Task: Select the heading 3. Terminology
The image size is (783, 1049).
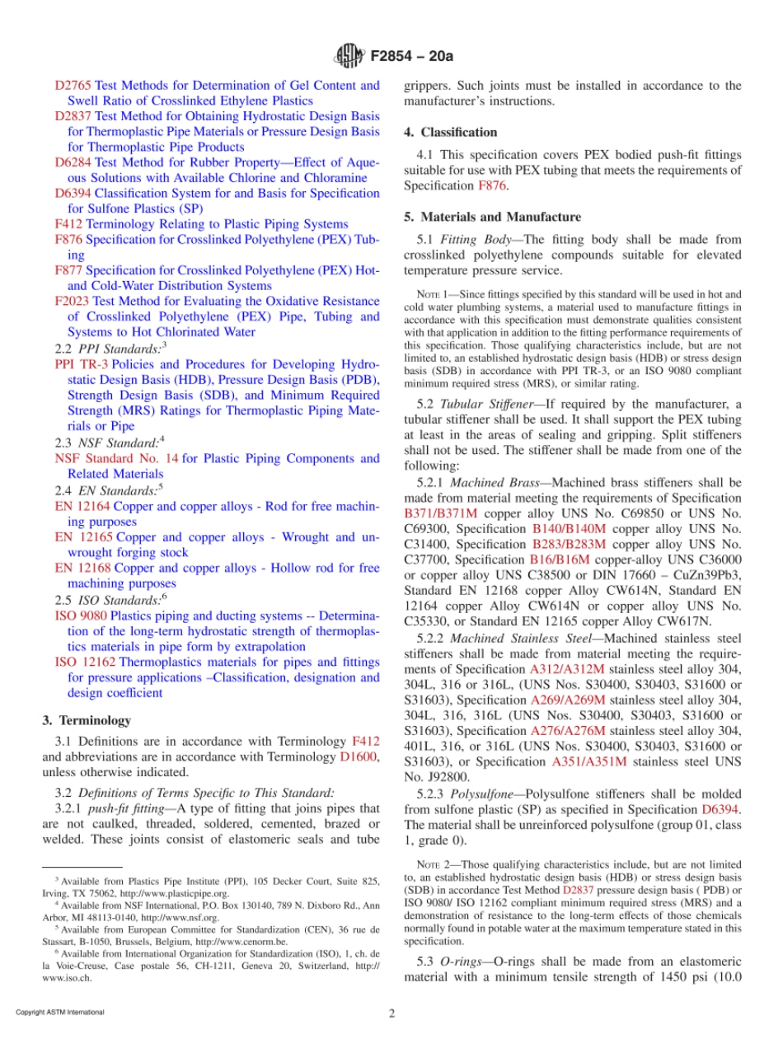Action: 87,720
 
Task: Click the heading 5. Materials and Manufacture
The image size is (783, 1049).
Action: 493,217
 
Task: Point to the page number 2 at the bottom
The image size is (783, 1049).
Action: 392,1014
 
